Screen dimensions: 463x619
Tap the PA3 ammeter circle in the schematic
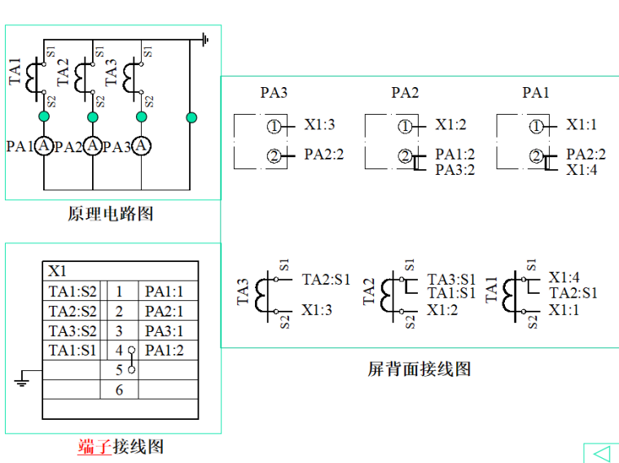[142, 146]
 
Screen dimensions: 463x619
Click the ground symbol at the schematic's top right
[206, 38]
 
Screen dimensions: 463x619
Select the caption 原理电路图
[110, 214]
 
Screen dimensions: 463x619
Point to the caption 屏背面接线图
[419, 369]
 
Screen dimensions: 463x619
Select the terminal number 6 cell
[119, 390]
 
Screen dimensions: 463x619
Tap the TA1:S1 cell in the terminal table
[72, 351]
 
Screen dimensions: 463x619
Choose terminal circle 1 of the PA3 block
[274, 126]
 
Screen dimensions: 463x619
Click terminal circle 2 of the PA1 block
[536, 156]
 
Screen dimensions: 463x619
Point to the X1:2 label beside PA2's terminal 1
[450, 125]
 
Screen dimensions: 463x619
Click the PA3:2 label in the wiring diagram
[454, 170]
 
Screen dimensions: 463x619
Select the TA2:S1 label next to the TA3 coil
[326, 279]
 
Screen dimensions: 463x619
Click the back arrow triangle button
[601, 452]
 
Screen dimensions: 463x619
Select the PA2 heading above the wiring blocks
[405, 93]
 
